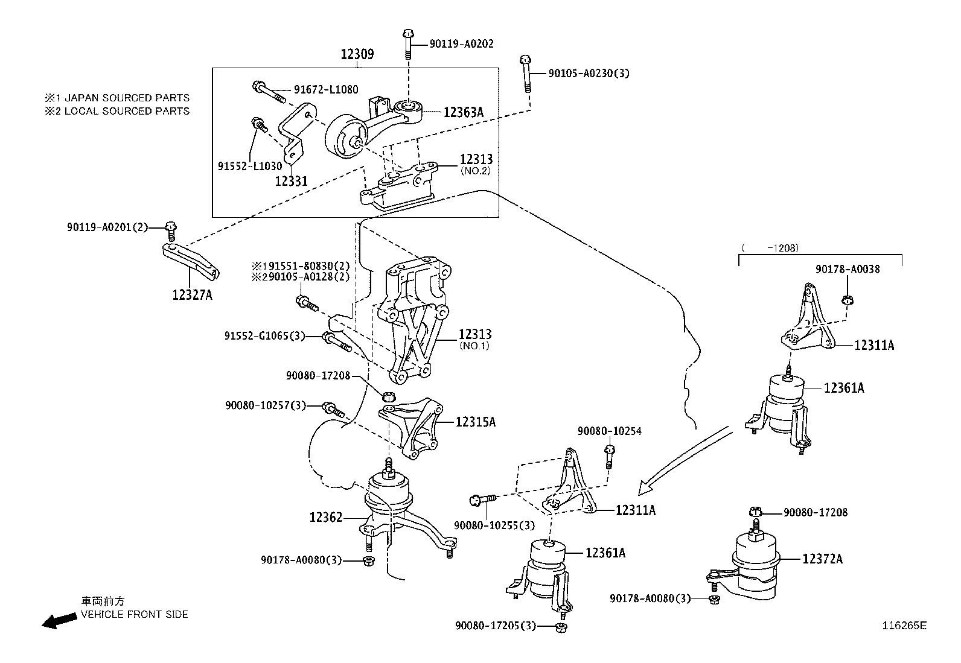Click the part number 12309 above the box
[357, 54]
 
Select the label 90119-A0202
[461, 44]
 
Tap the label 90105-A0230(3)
[589, 74]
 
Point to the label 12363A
[464, 112]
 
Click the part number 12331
[291, 180]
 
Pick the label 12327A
[192, 295]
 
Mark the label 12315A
[475, 422]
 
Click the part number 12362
[326, 517]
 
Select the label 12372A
[822, 559]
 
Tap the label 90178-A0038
[847, 270]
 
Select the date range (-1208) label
[770, 247]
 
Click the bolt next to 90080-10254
[609, 456]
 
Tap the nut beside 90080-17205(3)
[560, 627]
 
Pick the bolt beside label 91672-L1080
[269, 92]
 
